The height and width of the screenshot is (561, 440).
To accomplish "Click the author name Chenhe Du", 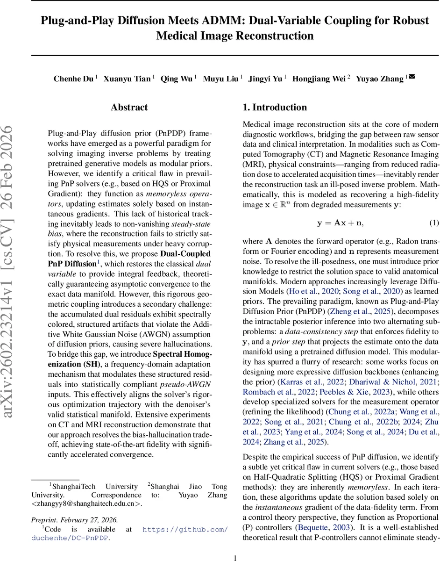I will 73,79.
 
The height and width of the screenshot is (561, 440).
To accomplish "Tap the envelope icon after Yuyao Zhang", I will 412,77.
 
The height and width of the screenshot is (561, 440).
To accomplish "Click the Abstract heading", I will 129,108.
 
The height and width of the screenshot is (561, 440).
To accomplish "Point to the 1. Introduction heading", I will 275,108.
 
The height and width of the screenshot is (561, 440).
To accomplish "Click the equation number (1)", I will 433,223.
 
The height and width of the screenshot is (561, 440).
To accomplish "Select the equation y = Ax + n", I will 340,223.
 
